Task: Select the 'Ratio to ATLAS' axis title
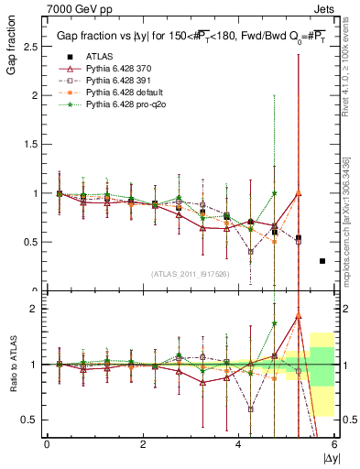point(14,365)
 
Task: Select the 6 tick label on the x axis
point(335,444)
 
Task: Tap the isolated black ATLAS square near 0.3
point(322,261)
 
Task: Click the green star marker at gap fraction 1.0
point(274,193)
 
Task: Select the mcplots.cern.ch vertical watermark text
point(349,229)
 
